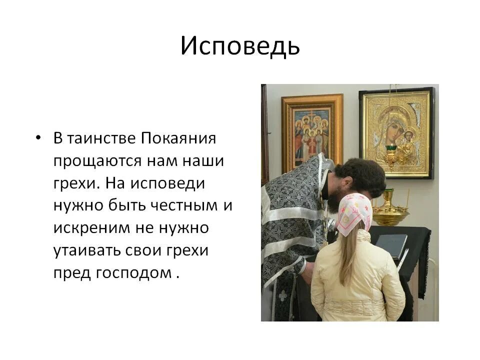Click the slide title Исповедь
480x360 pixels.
point(240,46)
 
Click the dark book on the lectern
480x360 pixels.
point(392,245)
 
